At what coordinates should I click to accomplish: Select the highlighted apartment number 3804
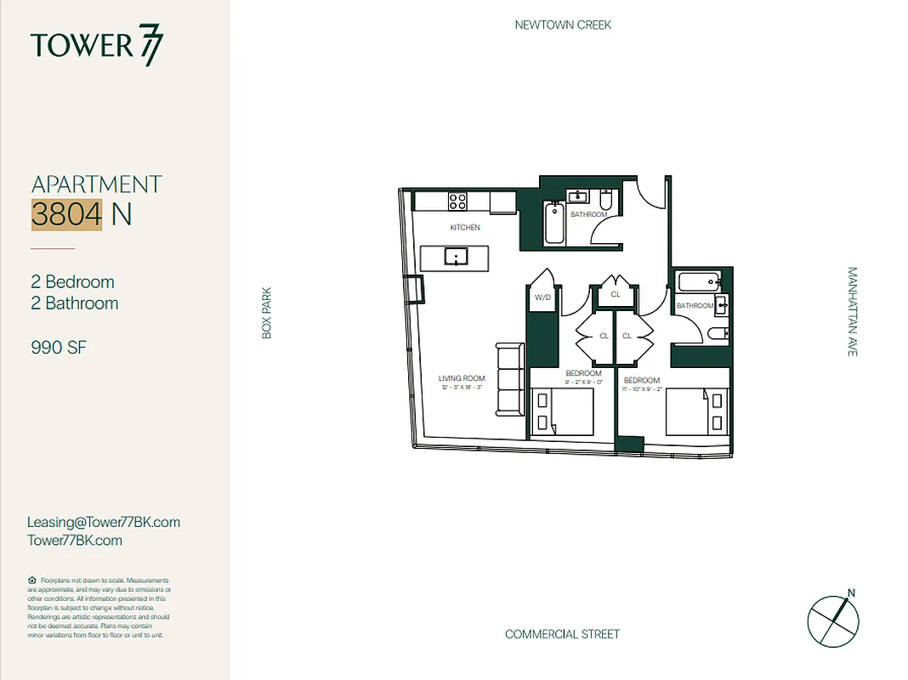(66, 214)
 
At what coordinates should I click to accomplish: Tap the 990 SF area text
(59, 347)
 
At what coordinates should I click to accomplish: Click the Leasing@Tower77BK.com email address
(103, 522)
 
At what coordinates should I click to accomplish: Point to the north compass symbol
(832, 618)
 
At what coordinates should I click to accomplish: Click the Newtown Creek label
(563, 25)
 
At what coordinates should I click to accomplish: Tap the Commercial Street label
(562, 634)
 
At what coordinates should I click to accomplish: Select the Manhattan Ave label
(852, 311)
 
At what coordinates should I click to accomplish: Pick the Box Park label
(266, 312)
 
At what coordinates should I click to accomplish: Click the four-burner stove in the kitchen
(457, 201)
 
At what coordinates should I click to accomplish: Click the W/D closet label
(542, 298)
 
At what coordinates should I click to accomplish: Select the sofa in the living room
(510, 380)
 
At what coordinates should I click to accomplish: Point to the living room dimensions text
(462, 388)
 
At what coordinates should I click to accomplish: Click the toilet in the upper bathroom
(606, 200)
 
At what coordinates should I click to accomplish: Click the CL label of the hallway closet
(616, 294)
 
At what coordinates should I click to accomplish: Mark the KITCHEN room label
(465, 228)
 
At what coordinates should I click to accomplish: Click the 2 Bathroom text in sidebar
(75, 303)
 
